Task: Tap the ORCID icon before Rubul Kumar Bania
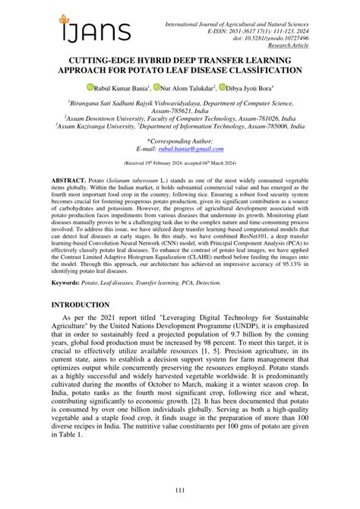89,89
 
